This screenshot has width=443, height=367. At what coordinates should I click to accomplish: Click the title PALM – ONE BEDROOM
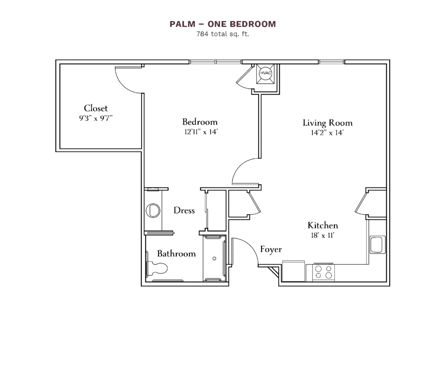pyautogui.click(x=222, y=24)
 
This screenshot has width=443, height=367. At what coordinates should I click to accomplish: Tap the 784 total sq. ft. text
pyautogui.click(x=222, y=34)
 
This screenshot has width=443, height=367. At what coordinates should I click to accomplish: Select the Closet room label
pyautogui.click(x=96, y=108)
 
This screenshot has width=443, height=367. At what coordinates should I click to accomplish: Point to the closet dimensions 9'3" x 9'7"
pyautogui.click(x=96, y=118)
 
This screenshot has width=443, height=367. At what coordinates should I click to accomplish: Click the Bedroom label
pyautogui.click(x=199, y=122)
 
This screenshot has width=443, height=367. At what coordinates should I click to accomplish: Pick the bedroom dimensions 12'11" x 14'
pyautogui.click(x=199, y=132)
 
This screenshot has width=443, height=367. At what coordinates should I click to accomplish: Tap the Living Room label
pyautogui.click(x=327, y=123)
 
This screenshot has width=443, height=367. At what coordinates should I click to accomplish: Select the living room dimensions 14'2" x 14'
pyautogui.click(x=327, y=133)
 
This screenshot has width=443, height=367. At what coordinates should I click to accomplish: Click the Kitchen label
pyautogui.click(x=323, y=225)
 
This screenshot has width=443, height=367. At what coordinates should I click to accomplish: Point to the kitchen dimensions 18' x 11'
pyautogui.click(x=323, y=236)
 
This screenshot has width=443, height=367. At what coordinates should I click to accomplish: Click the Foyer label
pyautogui.click(x=271, y=250)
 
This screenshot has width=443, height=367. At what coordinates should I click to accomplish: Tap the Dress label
pyautogui.click(x=184, y=211)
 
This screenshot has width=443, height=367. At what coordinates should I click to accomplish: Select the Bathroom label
pyautogui.click(x=176, y=254)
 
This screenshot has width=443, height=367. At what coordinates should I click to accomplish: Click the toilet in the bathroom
pyautogui.click(x=157, y=268)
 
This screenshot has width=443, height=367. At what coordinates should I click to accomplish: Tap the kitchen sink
pyautogui.click(x=377, y=244)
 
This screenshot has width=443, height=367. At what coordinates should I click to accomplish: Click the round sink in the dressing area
pyautogui.click(x=153, y=210)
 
